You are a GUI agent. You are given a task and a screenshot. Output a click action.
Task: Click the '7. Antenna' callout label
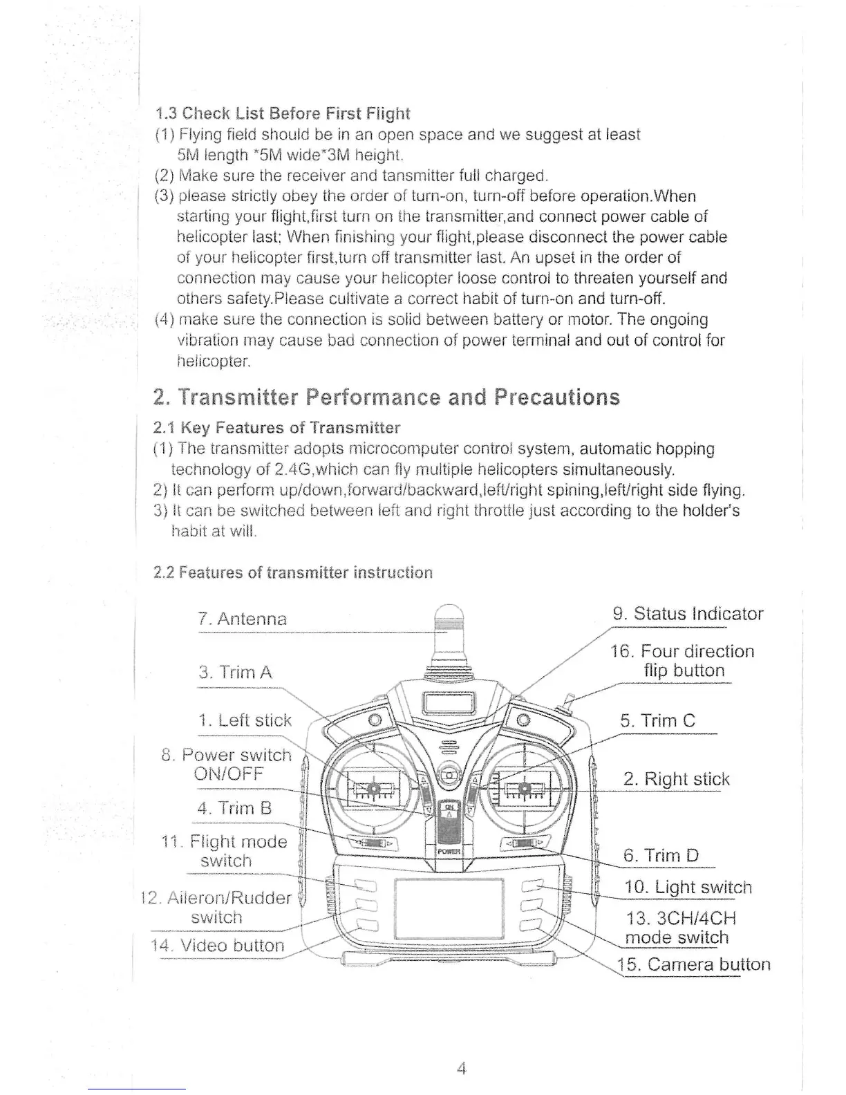pyautogui.click(x=242, y=619)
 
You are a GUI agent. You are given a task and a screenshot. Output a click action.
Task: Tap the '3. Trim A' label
pyautogui.click(x=235, y=673)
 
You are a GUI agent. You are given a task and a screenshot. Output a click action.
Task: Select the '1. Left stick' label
pyautogui.click(x=245, y=720)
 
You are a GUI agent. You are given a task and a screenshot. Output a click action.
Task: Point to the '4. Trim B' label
pyautogui.click(x=235, y=808)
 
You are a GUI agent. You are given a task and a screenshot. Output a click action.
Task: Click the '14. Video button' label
pyautogui.click(x=217, y=946)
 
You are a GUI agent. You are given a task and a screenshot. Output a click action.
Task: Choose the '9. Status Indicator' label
pyautogui.click(x=688, y=614)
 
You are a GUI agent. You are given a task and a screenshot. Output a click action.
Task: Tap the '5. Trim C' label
pyautogui.click(x=657, y=721)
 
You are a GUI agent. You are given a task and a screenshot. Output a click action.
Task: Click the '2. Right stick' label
pyautogui.click(x=676, y=780)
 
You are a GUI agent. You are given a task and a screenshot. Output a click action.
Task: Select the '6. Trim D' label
pyautogui.click(x=661, y=856)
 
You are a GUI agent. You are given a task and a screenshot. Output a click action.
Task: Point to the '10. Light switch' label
pyautogui.click(x=688, y=888)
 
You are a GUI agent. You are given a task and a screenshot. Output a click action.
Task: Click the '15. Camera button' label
pyautogui.click(x=693, y=965)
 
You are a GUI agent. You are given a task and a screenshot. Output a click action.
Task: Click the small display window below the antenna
pyautogui.click(x=448, y=705)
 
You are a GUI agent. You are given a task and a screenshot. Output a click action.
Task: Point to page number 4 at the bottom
pyautogui.click(x=462, y=1069)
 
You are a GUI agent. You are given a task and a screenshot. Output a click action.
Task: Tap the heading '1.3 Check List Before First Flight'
pyautogui.click(x=283, y=113)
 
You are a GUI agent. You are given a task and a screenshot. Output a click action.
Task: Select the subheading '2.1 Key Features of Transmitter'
pyautogui.click(x=276, y=427)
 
